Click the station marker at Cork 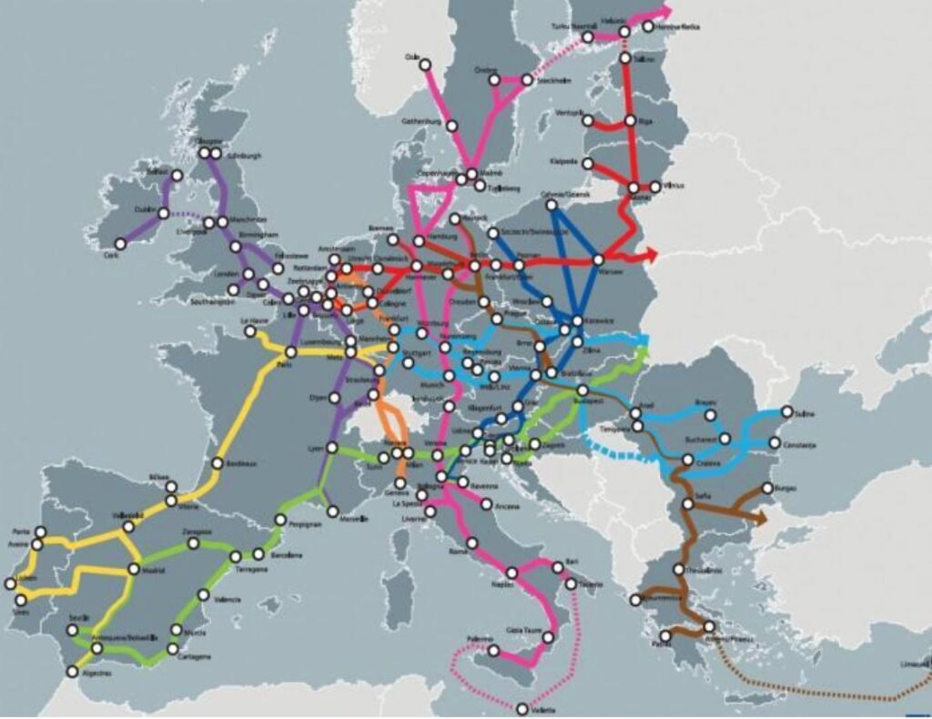pyautogui.click(x=120, y=244)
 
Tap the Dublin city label pyautogui.click(x=144, y=207)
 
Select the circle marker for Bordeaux pyautogui.click(x=218, y=463)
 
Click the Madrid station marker pyautogui.click(x=133, y=570)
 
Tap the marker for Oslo pyautogui.click(x=424, y=63)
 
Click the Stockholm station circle pyautogui.click(x=527, y=80)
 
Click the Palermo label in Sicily pyautogui.click(x=480, y=638)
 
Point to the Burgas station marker pyautogui.click(x=766, y=489)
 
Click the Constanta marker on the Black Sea pyautogui.click(x=775, y=443)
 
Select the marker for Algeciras pyautogui.click(x=73, y=672)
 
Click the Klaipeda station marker pyautogui.click(x=587, y=164)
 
